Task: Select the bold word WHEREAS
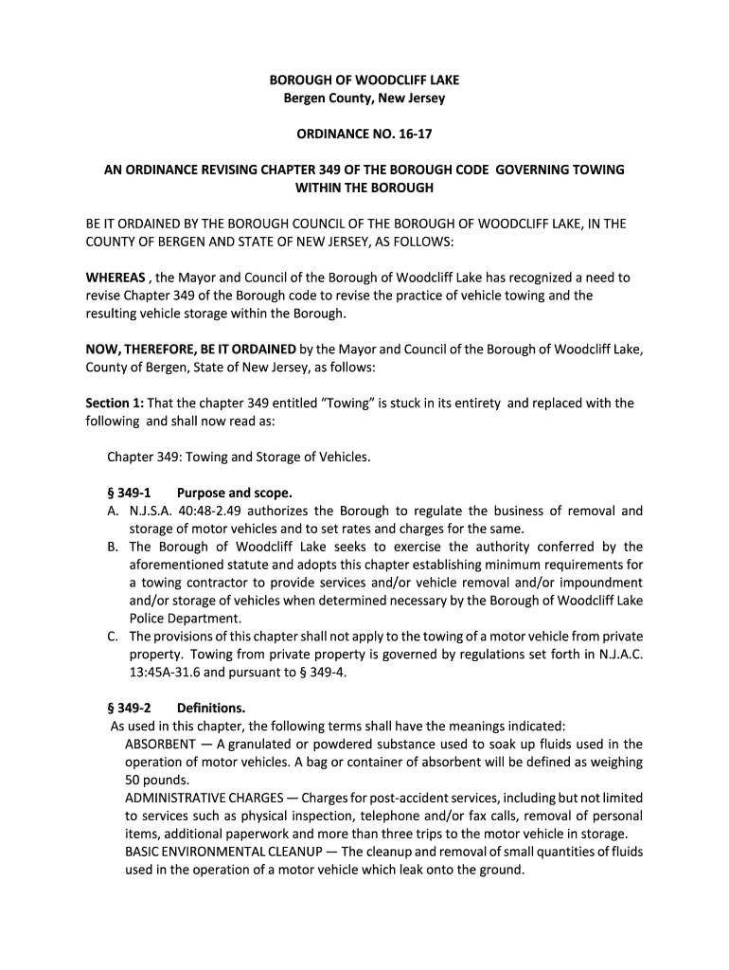click(116, 278)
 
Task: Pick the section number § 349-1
click(128, 494)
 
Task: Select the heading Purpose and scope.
click(235, 494)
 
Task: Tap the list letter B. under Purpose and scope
click(112, 547)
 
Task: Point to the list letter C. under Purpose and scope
click(112, 637)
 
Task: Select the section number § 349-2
click(128, 709)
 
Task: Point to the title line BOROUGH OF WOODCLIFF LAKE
click(364, 81)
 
